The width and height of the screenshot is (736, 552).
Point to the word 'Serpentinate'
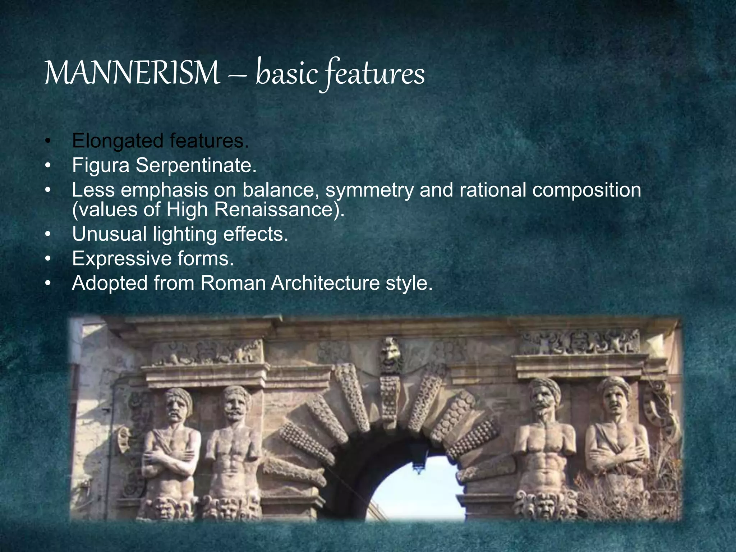pos(196,165)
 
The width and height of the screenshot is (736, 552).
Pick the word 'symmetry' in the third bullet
pos(369,190)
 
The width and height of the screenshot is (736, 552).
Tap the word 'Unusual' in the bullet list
pos(109,234)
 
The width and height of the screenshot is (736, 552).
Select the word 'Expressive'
pos(121,258)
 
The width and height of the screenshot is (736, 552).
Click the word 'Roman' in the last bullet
pos(233,283)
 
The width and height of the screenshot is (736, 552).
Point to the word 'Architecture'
pos(325,283)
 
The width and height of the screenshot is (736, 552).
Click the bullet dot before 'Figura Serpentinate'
pos(48,166)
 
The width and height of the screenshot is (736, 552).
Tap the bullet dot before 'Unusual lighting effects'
pos(48,235)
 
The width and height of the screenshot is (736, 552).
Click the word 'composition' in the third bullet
pos(586,190)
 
